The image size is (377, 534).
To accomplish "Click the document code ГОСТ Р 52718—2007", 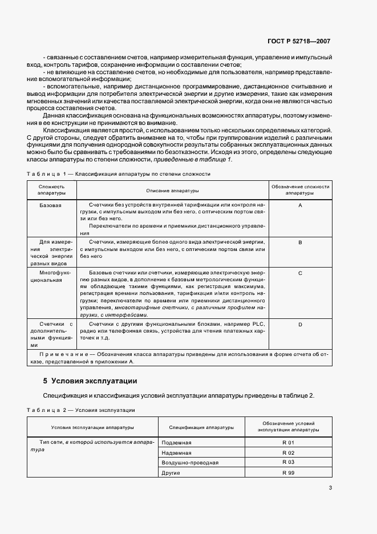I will tap(299, 42).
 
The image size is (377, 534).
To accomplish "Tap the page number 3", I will tap(330, 487).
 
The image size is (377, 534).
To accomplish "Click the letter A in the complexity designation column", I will tap(299, 204).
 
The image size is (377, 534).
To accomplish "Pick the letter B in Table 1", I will tap(299, 242).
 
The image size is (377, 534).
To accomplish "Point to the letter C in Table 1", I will tap(299, 273).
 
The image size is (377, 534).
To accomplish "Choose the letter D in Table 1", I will tap(299, 324).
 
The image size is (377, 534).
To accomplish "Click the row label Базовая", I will tap(51, 204).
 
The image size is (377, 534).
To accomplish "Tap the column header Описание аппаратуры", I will tap(173, 190).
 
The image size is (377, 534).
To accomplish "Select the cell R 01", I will tap(288, 443).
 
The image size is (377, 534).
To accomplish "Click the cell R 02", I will tap(288, 452).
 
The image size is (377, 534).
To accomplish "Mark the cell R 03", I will tap(288, 462).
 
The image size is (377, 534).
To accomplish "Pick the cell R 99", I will tap(288, 472).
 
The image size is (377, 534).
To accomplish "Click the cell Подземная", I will tap(177, 443).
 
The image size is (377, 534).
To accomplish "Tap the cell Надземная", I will tap(177, 452).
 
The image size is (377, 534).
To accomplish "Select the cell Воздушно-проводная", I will tap(190, 462).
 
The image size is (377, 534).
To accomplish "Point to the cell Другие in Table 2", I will tap(172, 472).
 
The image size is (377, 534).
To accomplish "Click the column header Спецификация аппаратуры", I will tap(201, 427).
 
